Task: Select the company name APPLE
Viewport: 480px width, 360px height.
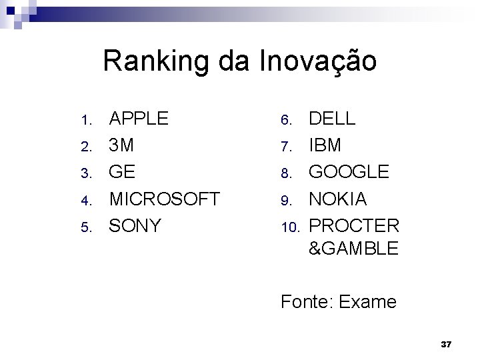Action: coord(139,119)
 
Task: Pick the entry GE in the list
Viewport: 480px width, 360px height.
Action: coord(123,173)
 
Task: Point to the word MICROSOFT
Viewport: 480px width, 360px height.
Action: coord(165,199)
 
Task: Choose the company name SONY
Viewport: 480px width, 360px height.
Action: coord(135,226)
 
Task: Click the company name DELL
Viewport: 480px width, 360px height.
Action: coord(331,119)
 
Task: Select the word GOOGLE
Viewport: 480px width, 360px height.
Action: coord(348,173)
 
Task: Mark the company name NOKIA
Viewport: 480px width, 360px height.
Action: coord(337,199)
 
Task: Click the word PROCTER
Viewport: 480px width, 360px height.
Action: coord(353,226)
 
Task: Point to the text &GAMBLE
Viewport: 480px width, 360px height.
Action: coord(353,249)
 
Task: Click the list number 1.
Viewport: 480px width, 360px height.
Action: coord(85,121)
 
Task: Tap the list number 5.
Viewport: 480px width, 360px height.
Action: coord(85,227)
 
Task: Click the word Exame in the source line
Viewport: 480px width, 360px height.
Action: coord(367,302)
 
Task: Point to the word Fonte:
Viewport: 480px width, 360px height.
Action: coord(307,302)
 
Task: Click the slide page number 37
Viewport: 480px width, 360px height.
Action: coord(447,344)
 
